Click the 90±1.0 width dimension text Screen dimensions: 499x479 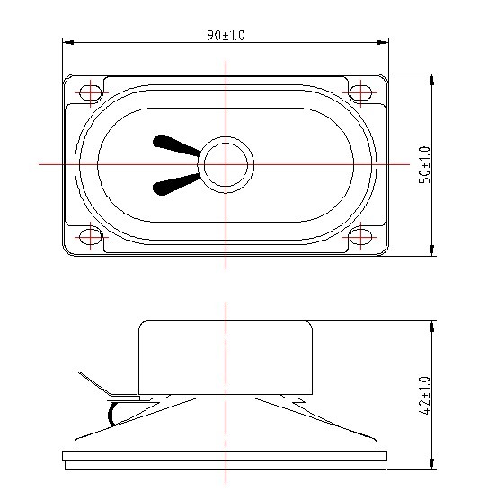(226, 35)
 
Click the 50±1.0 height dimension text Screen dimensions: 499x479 (425, 164)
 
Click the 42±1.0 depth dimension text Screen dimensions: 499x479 (425, 394)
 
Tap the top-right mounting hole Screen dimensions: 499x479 (360, 92)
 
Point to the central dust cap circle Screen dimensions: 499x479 (226, 164)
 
